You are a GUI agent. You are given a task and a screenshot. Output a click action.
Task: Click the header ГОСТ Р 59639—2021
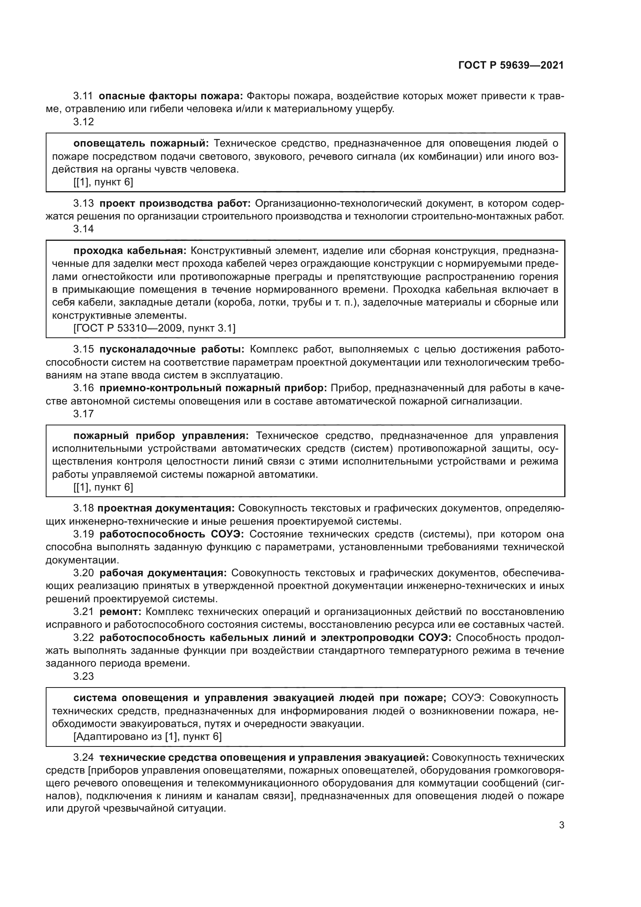511,66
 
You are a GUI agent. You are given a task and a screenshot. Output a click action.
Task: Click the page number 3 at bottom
561,836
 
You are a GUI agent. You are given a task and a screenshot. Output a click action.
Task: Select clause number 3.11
83,96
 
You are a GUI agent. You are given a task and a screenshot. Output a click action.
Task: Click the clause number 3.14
83,229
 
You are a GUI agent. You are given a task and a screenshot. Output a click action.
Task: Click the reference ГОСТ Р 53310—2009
128,328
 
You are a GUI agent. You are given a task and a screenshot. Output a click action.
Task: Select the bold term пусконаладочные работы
172,350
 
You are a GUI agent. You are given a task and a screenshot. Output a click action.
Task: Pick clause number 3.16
83,388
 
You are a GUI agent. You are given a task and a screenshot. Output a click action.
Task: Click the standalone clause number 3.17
83,414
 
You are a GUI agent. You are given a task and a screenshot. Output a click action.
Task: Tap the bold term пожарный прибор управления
161,436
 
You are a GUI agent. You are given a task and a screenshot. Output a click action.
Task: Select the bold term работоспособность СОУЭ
172,534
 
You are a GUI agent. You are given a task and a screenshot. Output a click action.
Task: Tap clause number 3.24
83,758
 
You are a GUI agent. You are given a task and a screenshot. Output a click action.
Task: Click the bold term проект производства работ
175,204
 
